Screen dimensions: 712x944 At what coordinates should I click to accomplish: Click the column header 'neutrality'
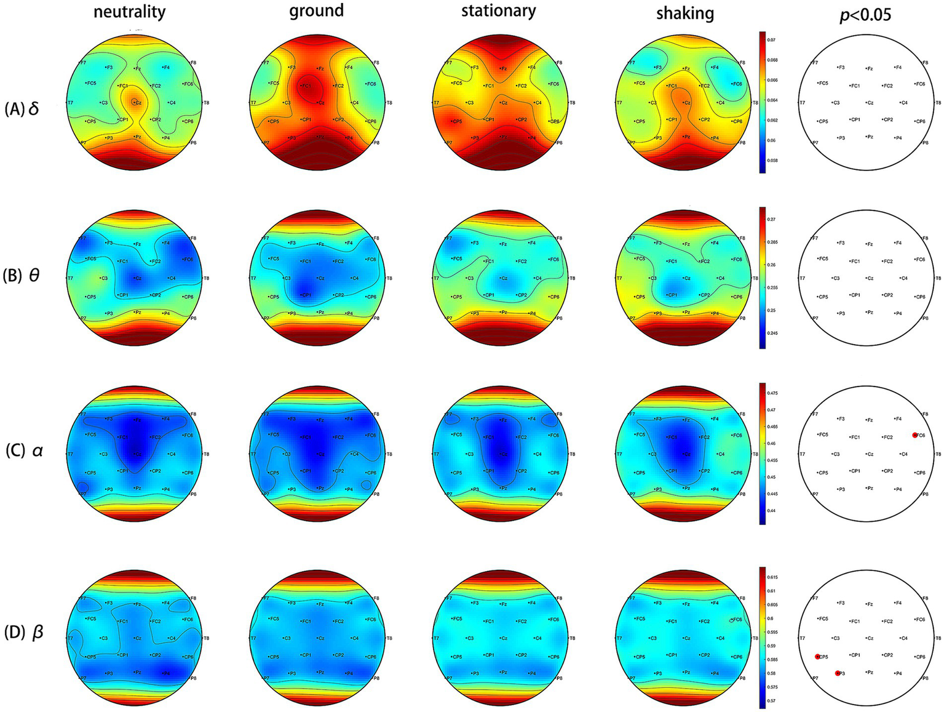129,12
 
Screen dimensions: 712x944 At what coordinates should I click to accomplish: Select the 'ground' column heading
316,10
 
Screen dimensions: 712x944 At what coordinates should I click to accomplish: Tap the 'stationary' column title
498,10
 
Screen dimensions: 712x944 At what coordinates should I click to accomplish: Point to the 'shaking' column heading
684,13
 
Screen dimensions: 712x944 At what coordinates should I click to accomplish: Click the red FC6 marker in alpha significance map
915,435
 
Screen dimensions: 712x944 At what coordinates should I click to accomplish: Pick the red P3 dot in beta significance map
838,673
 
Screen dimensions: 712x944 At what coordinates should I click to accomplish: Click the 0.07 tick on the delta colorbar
773,39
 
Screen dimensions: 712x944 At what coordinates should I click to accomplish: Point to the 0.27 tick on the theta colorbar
773,219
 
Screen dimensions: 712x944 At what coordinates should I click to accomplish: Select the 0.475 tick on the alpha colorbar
773,393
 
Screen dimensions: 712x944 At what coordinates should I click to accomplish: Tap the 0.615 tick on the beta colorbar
773,577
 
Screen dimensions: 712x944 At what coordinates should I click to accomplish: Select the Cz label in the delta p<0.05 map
869,103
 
